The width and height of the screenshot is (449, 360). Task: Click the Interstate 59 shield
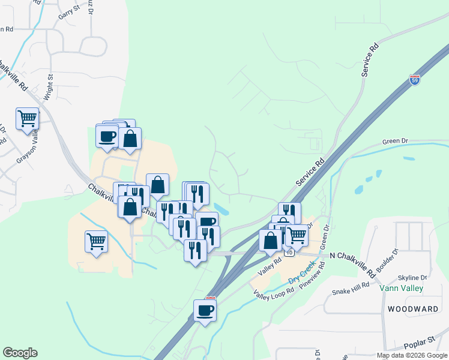point(414,79)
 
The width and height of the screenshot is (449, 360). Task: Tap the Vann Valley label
point(402,289)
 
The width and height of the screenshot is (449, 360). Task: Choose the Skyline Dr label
point(412,278)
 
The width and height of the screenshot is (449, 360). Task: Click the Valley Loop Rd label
point(273,293)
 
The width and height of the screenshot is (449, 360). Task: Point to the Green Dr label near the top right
point(395,142)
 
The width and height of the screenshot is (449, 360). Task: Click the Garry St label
point(69,10)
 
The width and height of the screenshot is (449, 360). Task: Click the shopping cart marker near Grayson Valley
point(28,119)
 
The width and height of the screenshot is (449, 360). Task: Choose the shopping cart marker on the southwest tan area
point(96,242)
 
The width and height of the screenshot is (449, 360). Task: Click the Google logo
point(20,353)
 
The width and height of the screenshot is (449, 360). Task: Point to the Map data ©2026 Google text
point(411,355)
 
